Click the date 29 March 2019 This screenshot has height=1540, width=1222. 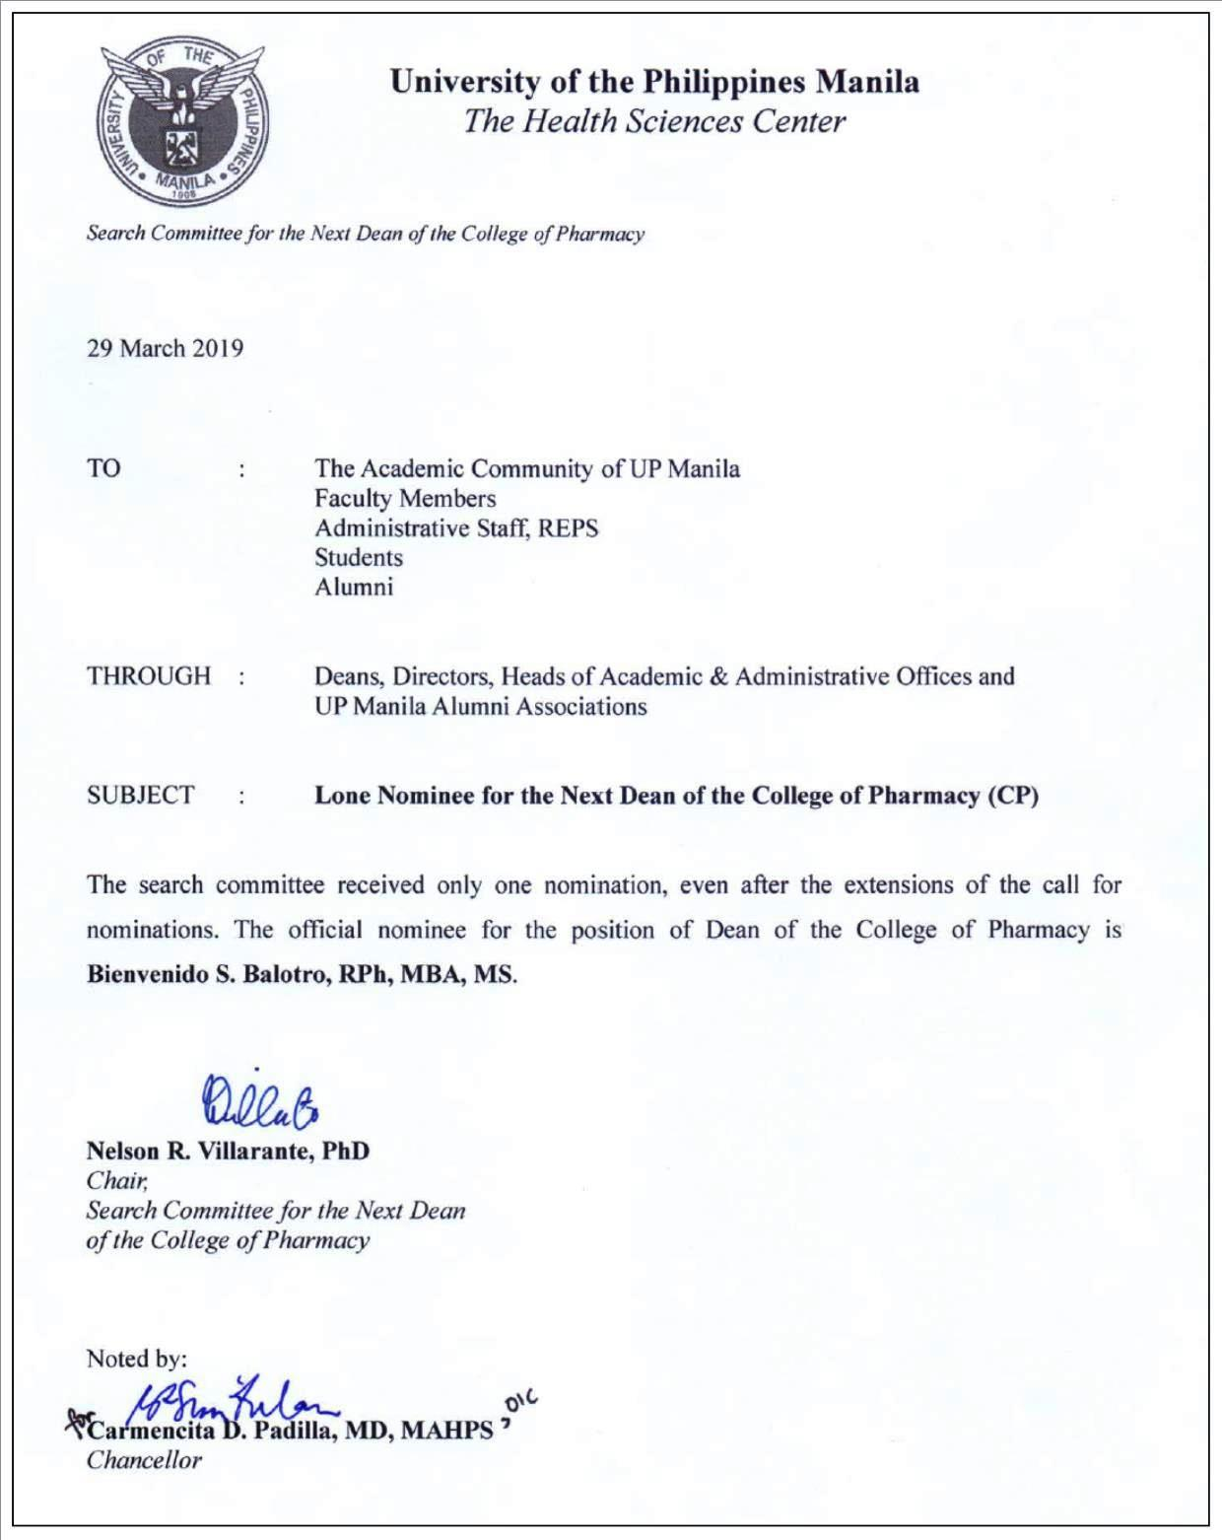[x=165, y=349]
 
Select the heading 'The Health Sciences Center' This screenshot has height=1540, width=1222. [x=654, y=121]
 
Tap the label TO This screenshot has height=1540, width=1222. [x=103, y=468]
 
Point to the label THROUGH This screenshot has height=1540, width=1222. [x=149, y=676]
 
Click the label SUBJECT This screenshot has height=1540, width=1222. [x=141, y=796]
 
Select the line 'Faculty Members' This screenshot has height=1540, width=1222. [x=405, y=499]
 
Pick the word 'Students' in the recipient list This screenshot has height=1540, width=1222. [x=359, y=558]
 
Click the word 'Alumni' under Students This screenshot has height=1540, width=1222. [x=354, y=588]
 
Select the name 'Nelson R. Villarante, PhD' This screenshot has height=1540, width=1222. [x=228, y=1152]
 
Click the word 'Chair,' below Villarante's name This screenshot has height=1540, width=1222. [x=117, y=1181]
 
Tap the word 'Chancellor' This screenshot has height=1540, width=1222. [x=144, y=1461]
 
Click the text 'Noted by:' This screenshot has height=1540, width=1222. [x=136, y=1360]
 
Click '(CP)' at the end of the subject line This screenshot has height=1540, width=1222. [x=1013, y=796]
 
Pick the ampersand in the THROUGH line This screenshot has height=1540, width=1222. [x=718, y=676]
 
